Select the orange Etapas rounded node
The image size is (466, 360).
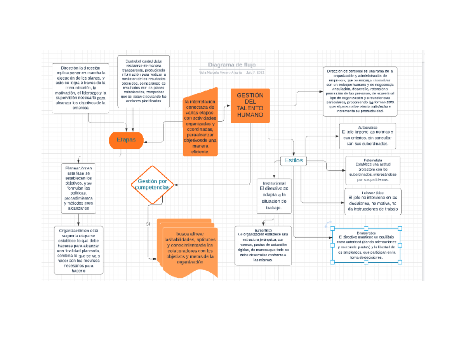point(126,140)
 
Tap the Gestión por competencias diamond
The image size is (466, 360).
point(151,184)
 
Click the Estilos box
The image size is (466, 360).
point(294,160)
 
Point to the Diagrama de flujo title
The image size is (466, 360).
point(231,65)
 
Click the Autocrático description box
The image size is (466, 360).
point(368,136)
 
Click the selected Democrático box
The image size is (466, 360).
point(367,245)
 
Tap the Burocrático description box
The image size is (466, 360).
point(263,245)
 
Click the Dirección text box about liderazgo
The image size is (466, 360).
point(80,88)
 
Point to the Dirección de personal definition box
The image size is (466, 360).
point(360,91)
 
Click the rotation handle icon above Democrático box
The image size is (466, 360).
point(328,224)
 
